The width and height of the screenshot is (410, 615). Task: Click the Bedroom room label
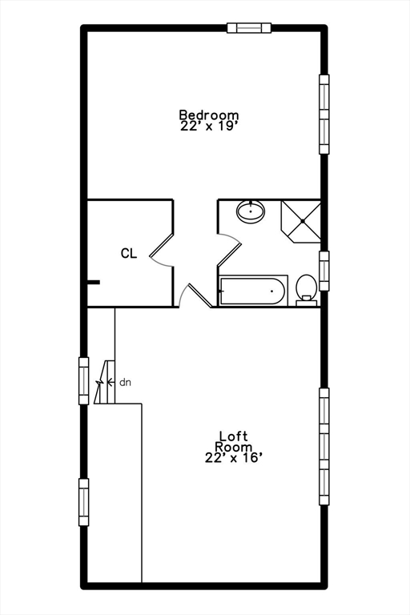(x=208, y=115)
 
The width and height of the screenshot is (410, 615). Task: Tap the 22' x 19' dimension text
(x=208, y=126)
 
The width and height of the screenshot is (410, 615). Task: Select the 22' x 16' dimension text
(x=233, y=458)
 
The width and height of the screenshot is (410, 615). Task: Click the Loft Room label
(x=235, y=441)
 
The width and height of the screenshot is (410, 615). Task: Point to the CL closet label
(x=129, y=254)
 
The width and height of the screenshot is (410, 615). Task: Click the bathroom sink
(x=251, y=212)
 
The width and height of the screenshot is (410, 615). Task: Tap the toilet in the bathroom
(x=306, y=287)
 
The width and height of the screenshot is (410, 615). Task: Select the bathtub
(x=253, y=291)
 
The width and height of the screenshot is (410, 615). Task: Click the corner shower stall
(x=302, y=219)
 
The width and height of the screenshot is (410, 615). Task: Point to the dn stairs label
(x=125, y=383)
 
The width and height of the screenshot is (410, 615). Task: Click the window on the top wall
(x=249, y=28)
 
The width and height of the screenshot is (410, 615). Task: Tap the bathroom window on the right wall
(x=324, y=271)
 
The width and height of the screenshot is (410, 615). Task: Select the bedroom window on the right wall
(x=324, y=114)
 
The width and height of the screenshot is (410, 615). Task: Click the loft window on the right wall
(x=324, y=446)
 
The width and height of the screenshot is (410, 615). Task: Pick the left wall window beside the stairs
(x=83, y=380)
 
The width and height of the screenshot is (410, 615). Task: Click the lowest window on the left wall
(x=83, y=501)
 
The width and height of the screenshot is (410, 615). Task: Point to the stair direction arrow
(x=110, y=383)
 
